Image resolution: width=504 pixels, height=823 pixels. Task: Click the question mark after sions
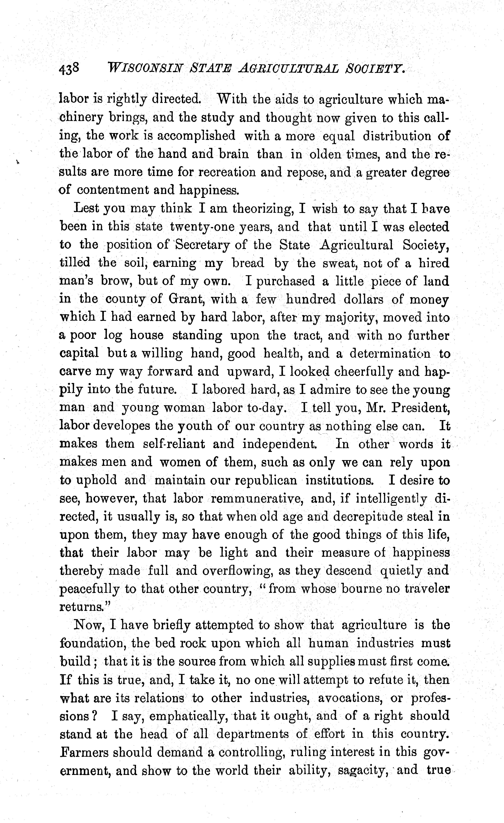pyautogui.click(x=95, y=716)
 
